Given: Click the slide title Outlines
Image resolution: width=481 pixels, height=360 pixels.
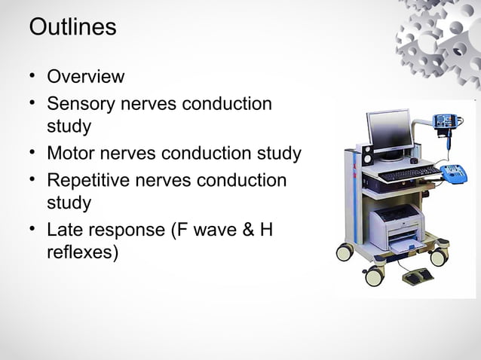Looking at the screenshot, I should point(72,27).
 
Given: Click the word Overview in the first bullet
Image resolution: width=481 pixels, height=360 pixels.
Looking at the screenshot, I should point(85,77).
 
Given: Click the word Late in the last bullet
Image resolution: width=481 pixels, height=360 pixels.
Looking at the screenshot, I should point(66,230).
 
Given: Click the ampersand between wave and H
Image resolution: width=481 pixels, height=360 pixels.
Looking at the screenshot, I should point(242,230).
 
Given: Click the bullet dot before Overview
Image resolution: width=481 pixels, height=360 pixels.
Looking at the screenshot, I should point(33,77).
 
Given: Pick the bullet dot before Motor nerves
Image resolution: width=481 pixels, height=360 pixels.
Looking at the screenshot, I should point(33,154).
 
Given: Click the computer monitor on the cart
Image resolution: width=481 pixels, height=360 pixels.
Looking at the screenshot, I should point(389,131).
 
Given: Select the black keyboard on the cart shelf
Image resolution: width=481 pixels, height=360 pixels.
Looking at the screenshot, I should point(407,174).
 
